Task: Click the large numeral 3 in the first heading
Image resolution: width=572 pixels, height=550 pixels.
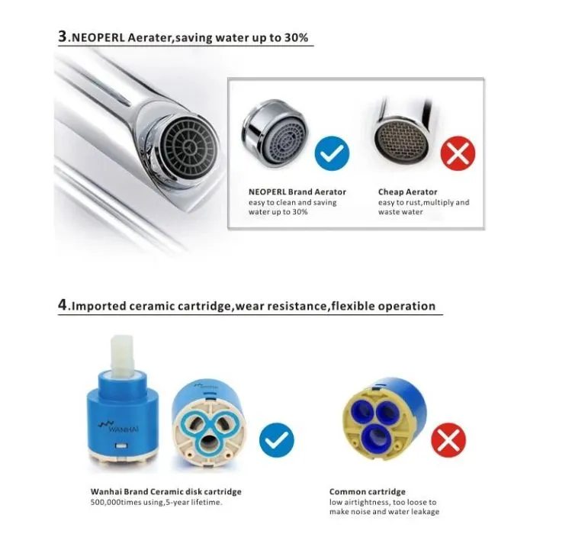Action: [x=63, y=37]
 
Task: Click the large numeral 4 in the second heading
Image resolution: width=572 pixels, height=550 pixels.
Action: [x=63, y=305]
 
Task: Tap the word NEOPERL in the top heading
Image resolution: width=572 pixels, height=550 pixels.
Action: [x=98, y=37]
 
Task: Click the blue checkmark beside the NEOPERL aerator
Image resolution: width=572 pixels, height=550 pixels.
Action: [x=332, y=153]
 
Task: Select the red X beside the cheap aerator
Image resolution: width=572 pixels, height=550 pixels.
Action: [x=458, y=153]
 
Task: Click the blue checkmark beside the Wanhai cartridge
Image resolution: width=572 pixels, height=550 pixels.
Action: [x=277, y=440]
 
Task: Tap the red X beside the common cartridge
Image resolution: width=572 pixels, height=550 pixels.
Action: [x=448, y=440]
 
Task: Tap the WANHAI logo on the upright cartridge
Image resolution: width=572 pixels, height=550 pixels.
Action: [x=118, y=426]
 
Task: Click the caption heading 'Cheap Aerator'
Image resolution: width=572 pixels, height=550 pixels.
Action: [x=407, y=192]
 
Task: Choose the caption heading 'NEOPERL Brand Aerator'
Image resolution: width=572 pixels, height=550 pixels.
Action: [x=297, y=192]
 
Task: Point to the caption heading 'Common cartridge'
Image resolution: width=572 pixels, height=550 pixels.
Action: [x=368, y=491]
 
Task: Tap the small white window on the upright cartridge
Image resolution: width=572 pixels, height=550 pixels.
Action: [x=121, y=445]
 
